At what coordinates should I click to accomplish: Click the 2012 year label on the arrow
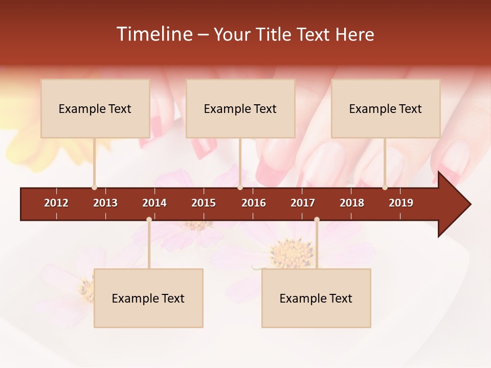click(56, 203)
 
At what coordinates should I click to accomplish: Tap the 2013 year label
click(105, 203)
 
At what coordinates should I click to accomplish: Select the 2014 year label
click(154, 203)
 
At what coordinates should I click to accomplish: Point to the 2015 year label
click(204, 203)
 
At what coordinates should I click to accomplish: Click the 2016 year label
click(254, 203)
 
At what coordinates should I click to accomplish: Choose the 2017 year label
click(303, 203)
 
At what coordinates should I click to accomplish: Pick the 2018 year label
click(352, 203)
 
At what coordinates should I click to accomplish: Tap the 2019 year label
click(401, 203)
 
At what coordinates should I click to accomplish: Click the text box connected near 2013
click(95, 108)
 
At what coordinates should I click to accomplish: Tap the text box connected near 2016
click(240, 108)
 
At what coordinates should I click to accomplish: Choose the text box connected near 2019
click(386, 108)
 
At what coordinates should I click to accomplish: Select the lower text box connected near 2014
click(148, 298)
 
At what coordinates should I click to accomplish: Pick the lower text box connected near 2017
click(316, 298)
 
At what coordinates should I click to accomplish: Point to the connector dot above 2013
click(94, 188)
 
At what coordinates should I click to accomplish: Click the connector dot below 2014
click(149, 219)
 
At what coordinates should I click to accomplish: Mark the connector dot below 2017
click(317, 219)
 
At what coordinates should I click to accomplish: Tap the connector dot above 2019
click(385, 188)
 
